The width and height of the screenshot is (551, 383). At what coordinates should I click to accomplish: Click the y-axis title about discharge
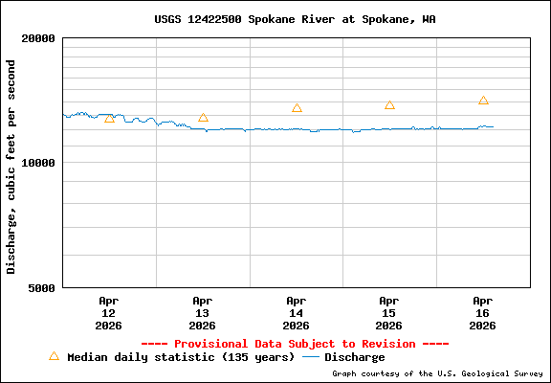11,167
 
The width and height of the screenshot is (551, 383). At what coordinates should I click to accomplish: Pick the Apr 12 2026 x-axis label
108,312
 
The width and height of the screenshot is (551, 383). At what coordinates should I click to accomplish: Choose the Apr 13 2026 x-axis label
202,312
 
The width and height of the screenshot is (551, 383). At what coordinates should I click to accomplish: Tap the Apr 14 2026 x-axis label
296,312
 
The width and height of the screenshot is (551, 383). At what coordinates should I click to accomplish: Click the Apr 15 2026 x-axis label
389,312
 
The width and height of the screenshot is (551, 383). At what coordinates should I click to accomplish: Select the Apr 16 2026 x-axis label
483,312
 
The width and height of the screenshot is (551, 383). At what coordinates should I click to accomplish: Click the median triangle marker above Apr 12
109,118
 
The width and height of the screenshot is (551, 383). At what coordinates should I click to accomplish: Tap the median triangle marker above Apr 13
203,118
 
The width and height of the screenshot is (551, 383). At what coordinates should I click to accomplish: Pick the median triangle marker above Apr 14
297,108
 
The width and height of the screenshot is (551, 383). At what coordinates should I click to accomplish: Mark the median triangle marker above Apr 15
389,105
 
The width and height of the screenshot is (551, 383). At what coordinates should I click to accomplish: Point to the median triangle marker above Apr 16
483,101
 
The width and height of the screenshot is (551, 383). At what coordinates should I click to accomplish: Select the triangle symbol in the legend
54,356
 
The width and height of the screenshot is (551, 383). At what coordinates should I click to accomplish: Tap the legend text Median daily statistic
181,357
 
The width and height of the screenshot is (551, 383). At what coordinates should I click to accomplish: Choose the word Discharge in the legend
355,357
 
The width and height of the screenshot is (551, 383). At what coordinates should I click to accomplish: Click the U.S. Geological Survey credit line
437,374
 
